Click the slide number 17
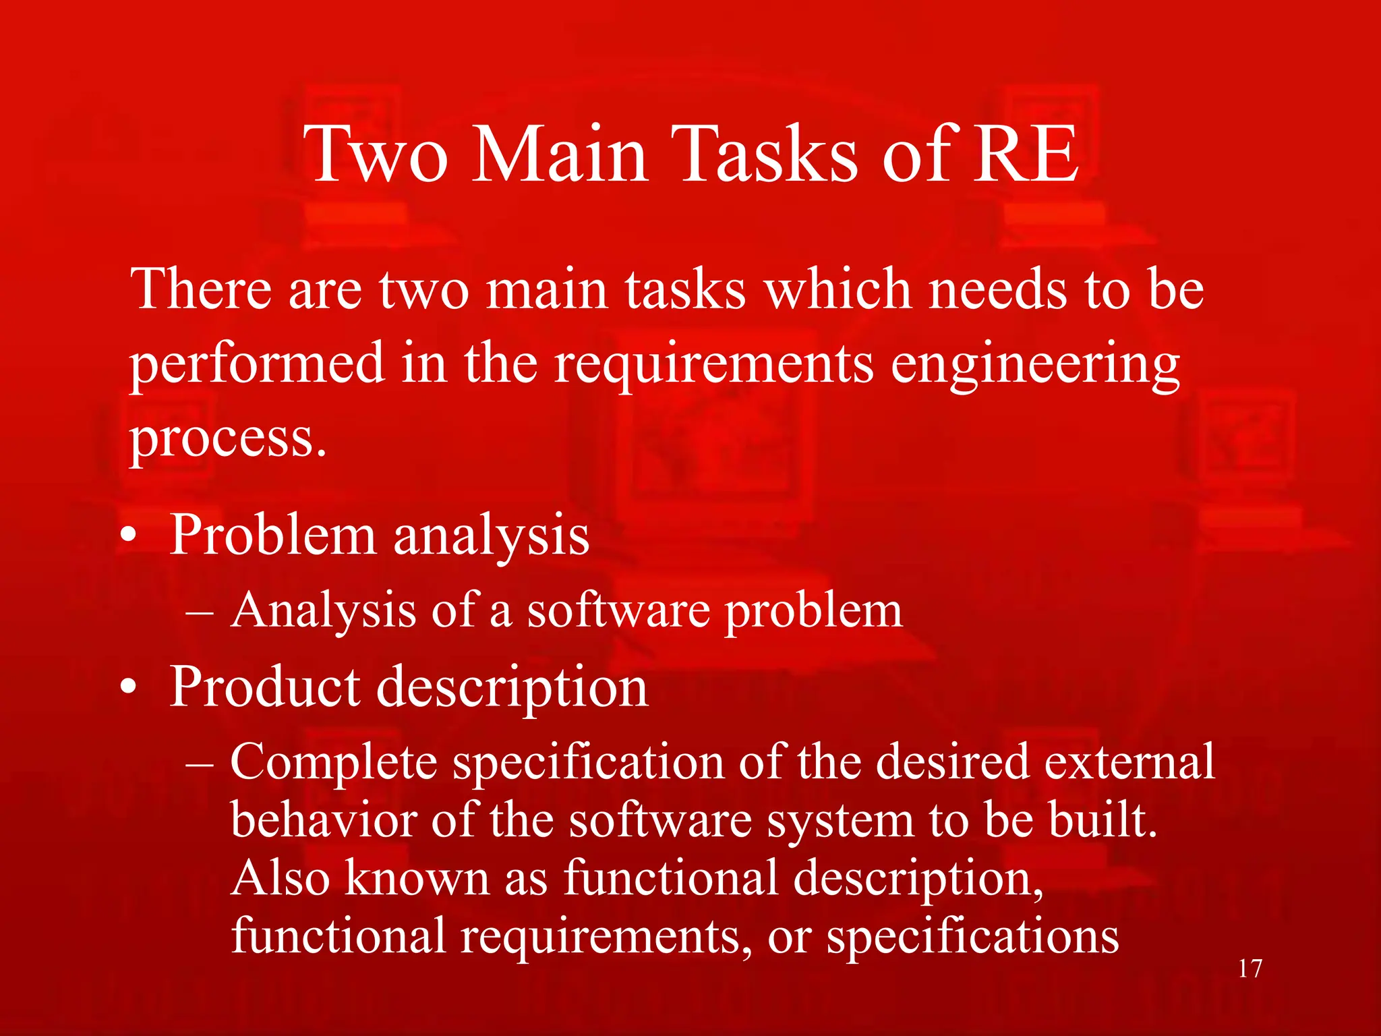(1250, 969)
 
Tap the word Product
(264, 687)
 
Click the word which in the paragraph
(838, 290)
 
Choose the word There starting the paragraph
(200, 290)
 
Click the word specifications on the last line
(972, 938)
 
